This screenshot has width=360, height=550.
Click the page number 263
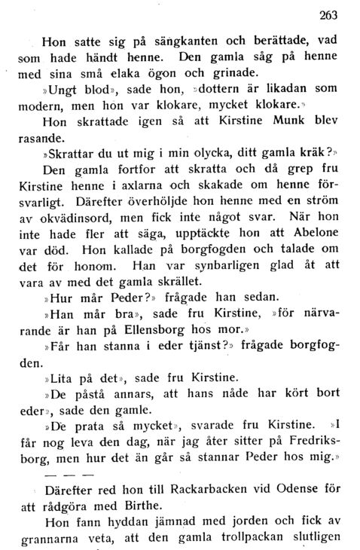pyautogui.click(x=328, y=14)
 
